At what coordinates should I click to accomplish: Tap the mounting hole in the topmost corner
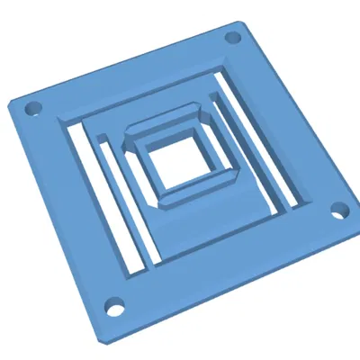point(232,39)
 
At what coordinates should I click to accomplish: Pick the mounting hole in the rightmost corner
point(339,211)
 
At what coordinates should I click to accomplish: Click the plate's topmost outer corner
point(238,22)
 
